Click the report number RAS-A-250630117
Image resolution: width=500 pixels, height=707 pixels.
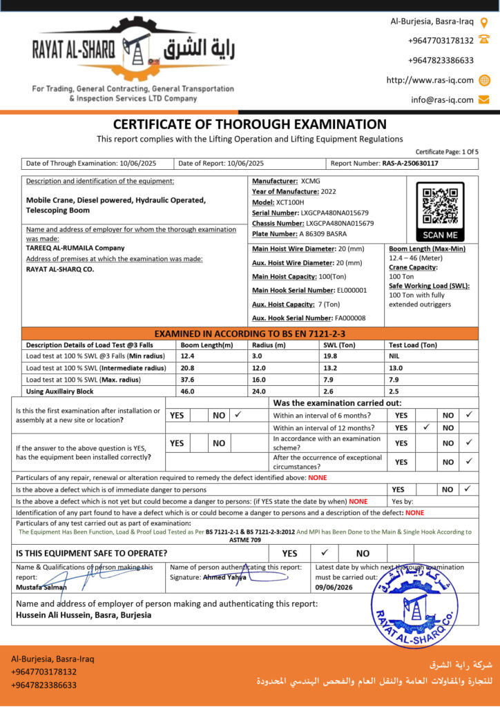[x=410, y=164]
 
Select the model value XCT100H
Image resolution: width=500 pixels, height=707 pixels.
[x=290, y=202]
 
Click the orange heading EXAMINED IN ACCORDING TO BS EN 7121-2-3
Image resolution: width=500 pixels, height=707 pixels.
[x=249, y=333]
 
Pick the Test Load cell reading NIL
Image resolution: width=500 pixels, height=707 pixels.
[x=394, y=356]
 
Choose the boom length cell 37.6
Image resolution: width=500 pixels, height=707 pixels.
[x=187, y=380]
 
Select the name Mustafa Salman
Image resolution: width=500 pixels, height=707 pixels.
[x=41, y=588]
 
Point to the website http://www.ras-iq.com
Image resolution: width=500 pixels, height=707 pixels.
[x=430, y=80]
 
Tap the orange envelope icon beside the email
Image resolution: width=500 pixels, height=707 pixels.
[x=484, y=99]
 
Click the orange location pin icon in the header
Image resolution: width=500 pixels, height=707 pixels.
[x=484, y=22]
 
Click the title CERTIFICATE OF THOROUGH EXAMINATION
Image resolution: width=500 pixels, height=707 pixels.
[x=249, y=125]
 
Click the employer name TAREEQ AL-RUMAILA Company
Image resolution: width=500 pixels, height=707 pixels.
[x=75, y=248]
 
